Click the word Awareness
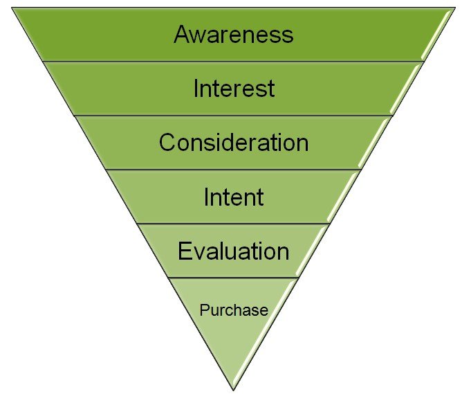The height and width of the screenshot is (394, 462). point(234,34)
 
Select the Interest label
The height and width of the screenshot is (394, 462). point(234,88)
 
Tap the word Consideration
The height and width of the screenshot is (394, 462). point(234,142)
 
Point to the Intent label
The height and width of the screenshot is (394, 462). point(234,197)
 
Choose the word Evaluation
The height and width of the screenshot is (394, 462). point(233,251)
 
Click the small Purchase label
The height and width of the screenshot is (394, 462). point(234,310)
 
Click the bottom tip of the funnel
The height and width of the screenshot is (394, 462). point(233,391)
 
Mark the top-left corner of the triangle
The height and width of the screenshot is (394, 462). point(12,8)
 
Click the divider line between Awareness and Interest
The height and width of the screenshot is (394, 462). point(233,62)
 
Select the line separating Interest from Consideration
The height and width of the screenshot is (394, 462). point(233,116)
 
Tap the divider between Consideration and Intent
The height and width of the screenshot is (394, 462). point(233,170)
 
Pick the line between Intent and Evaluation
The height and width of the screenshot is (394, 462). point(233,224)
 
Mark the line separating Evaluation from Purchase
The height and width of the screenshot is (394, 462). point(233,278)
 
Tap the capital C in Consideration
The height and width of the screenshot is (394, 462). point(167,142)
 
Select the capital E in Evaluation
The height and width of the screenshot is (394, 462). point(185,251)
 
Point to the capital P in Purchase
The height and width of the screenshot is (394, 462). point(204,310)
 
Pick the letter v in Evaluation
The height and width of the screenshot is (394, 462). point(199,253)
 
